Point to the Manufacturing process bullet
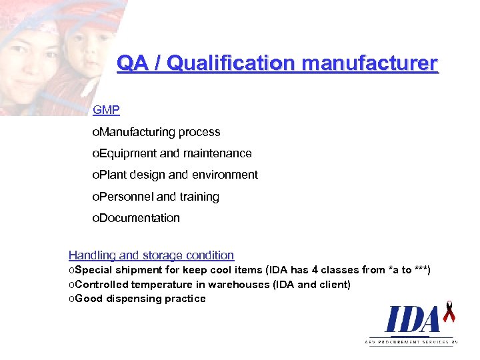pos(157,132)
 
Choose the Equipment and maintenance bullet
pos(172,153)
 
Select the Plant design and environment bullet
pos(175,175)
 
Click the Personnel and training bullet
pos(156,197)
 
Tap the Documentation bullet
pos(137,218)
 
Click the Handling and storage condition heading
pos(151,255)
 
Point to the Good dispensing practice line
pos(137,299)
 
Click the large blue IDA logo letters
pos(412,320)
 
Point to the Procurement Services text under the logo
pos(412,341)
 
